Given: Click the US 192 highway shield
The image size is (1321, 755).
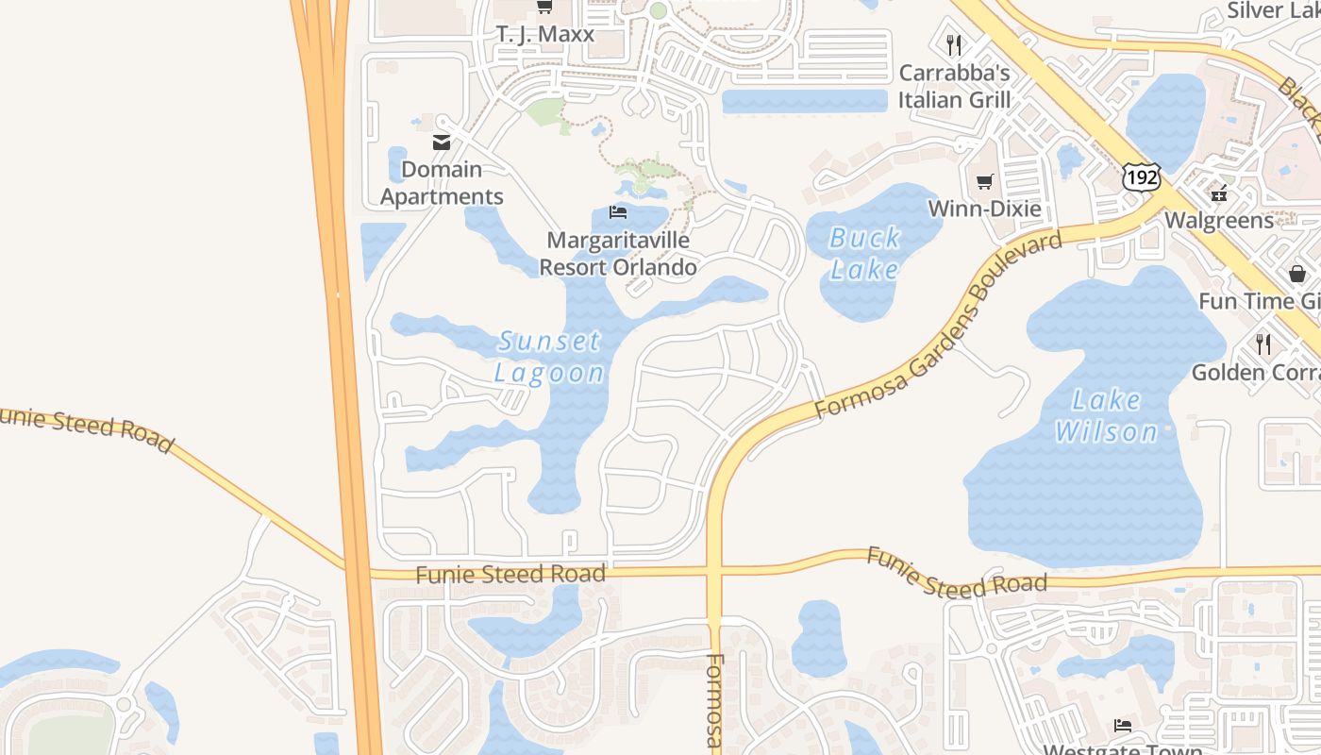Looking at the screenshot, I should [x=1141, y=176].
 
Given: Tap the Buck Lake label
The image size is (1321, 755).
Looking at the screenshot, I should [x=864, y=253].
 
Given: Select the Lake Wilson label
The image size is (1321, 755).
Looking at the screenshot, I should [x=1106, y=415].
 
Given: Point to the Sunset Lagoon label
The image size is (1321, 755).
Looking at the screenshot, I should [x=549, y=356].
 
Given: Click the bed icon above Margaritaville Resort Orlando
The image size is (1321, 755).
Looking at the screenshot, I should [x=618, y=211].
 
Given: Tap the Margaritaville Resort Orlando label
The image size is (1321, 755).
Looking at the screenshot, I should [x=618, y=254].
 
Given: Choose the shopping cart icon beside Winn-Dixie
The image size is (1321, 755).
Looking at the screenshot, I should [x=985, y=181].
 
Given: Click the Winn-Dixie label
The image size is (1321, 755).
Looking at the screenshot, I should [x=985, y=209].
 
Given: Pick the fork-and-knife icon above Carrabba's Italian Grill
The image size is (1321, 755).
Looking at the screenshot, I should [x=954, y=44].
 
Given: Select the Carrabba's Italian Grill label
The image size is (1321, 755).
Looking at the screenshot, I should [x=954, y=86].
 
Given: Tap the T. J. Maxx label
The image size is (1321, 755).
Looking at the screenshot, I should [x=545, y=34].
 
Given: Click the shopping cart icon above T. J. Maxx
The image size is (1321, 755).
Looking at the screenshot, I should [x=544, y=8].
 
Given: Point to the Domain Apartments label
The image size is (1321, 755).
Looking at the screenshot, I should [x=442, y=183].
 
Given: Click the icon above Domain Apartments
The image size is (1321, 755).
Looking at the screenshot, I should [x=441, y=143].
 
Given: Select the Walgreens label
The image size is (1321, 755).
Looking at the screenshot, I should [x=1219, y=221].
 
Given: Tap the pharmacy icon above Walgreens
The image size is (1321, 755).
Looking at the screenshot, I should [x=1220, y=193].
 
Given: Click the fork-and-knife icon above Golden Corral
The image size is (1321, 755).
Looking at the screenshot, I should [x=1263, y=344].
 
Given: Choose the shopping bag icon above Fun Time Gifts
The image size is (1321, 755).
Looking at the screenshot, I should [x=1297, y=274].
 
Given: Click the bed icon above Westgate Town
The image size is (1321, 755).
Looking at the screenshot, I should [x=1122, y=725].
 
